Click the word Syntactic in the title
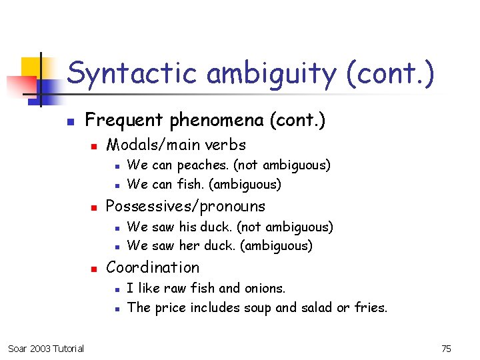point(133,73)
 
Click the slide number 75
point(446,349)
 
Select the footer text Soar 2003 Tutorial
point(46,349)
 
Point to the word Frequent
point(124,120)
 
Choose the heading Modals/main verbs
point(176,145)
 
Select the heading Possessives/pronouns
point(185,206)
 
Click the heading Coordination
point(153,267)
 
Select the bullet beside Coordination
point(94,269)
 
